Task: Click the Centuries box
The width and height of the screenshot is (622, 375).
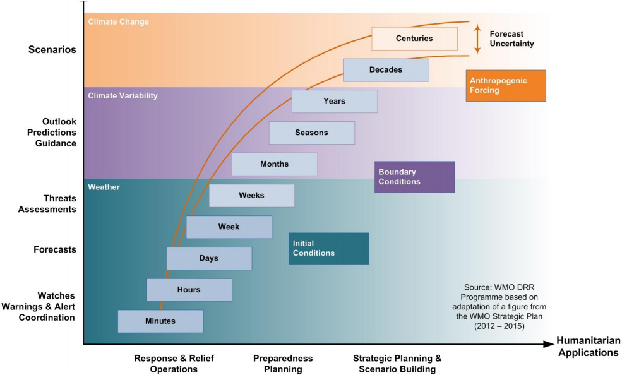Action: (x=414, y=39)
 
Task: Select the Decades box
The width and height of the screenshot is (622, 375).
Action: (x=386, y=70)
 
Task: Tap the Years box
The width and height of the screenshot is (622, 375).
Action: (x=335, y=101)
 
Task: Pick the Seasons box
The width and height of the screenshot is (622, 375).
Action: (x=311, y=133)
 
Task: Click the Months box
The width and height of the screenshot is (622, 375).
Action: (x=274, y=164)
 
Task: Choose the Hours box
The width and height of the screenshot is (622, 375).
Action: (x=189, y=290)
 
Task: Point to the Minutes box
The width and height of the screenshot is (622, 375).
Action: (x=160, y=321)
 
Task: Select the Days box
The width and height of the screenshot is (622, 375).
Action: (x=209, y=258)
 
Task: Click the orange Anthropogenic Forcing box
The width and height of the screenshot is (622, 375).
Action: (x=505, y=85)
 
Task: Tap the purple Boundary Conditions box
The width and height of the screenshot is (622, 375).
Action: (x=414, y=177)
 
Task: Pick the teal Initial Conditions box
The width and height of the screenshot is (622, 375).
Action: (x=328, y=248)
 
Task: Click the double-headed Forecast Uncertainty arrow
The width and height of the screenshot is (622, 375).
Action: (x=477, y=39)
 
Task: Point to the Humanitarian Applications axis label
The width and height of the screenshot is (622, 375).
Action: (x=588, y=347)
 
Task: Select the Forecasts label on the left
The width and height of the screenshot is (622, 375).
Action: (x=55, y=249)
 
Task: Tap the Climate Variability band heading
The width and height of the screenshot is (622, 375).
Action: (x=123, y=96)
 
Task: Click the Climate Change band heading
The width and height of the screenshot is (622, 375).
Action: (x=119, y=22)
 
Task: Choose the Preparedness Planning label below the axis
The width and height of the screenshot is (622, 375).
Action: (x=283, y=364)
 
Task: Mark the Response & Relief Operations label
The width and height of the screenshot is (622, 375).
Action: (x=174, y=364)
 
